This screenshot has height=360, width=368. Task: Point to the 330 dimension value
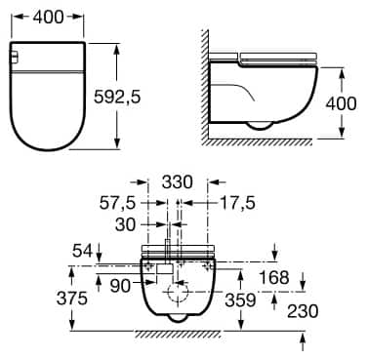177,181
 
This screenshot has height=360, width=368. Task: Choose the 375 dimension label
72,299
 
